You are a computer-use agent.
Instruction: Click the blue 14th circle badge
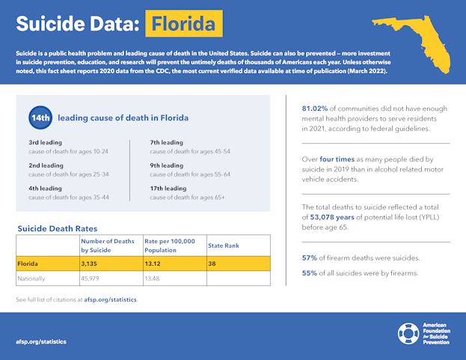(40, 118)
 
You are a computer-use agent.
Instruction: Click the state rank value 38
(213, 263)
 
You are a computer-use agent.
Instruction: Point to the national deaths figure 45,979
(93, 278)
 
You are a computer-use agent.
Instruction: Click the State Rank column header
(224, 245)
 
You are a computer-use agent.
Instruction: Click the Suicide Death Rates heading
(58, 228)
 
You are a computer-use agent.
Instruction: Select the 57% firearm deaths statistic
(309, 258)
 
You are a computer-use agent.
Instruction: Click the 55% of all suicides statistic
(309, 272)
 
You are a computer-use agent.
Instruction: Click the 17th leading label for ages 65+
(168, 188)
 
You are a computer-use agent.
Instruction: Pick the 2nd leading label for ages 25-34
(45, 165)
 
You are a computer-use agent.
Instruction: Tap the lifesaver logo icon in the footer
(408, 334)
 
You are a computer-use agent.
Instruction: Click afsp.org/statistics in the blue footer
(41, 341)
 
